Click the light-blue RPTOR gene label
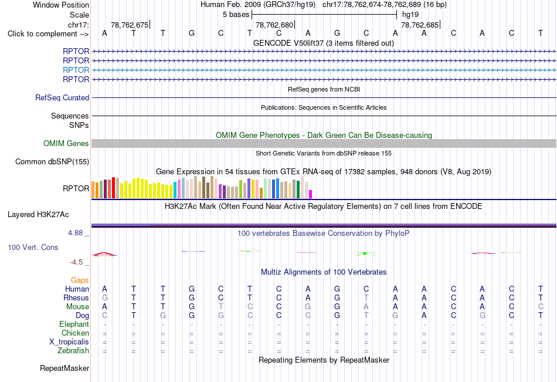click(76, 70)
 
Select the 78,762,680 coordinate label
click(274, 25)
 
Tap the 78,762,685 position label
click(420, 25)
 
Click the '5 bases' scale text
click(236, 15)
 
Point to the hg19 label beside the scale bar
click(410, 15)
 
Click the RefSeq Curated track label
click(62, 97)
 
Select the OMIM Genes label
click(66, 143)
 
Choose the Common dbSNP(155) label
click(52, 161)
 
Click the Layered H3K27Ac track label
click(38, 215)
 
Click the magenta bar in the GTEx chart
click(310, 194)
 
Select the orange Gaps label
click(80, 280)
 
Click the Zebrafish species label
click(73, 350)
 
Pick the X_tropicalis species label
click(69, 342)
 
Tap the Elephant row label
click(74, 324)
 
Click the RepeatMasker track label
click(64, 368)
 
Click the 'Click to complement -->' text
click(48, 34)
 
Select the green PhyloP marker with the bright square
click(365, 253)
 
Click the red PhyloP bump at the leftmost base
click(104, 253)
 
